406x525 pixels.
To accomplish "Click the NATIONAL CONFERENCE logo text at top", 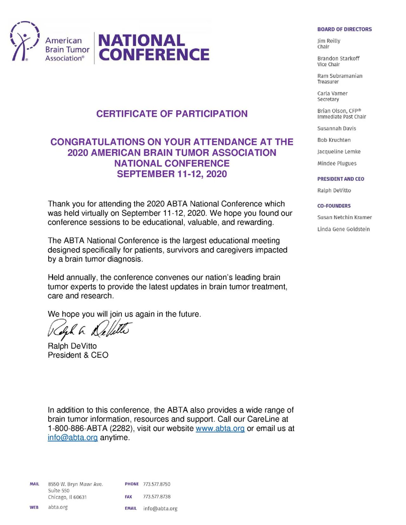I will click(154, 48).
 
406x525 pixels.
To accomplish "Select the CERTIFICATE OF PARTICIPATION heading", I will click(172, 114).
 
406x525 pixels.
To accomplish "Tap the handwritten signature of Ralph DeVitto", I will click(89, 329).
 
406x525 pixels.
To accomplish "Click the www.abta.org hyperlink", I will click(220, 428).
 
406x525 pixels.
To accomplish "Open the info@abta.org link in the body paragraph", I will click(73, 438).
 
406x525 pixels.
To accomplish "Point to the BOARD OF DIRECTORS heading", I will click(344, 29).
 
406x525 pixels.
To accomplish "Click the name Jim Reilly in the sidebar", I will click(329, 41).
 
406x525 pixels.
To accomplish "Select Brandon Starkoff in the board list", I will click(338, 58).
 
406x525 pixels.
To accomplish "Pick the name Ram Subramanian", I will click(340, 76).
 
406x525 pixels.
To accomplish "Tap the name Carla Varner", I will click(332, 93).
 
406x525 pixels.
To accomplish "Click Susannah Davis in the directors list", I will click(337, 128).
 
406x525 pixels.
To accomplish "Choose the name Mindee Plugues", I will click(337, 163).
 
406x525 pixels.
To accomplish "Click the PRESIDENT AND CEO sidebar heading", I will click(341, 179).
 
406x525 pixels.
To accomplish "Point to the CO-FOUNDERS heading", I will click(334, 206).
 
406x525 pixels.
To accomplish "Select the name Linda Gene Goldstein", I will click(344, 229).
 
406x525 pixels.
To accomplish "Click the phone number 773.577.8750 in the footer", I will click(157, 484).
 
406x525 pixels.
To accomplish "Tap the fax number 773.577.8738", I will click(157, 496).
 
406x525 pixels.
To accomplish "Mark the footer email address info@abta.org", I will click(160, 509).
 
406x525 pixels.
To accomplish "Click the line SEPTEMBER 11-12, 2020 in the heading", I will click(172, 174).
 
